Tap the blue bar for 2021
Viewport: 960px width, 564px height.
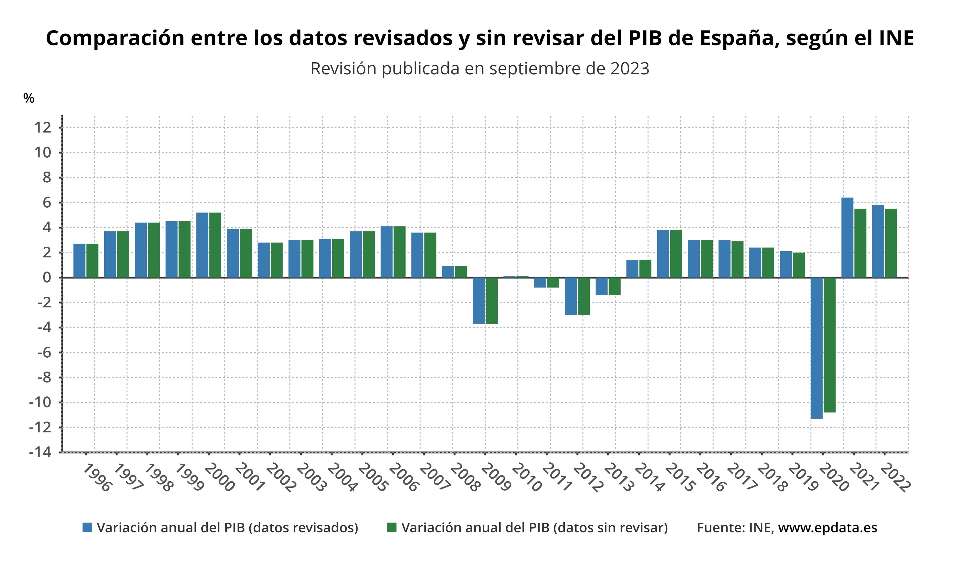(x=847, y=237)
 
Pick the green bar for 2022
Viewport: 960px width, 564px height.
(x=891, y=243)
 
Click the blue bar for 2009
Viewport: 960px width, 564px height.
(x=478, y=300)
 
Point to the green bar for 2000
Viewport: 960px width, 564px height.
(x=215, y=245)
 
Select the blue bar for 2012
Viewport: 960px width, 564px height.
(x=571, y=296)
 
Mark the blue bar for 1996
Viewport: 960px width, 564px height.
(x=79, y=260)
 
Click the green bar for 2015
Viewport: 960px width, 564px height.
(x=676, y=253)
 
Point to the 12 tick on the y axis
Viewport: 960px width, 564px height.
(x=43, y=127)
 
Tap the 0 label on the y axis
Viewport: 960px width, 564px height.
(x=46, y=277)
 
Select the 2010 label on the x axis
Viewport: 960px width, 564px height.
(x=527, y=477)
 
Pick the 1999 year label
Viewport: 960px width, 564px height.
(x=189, y=477)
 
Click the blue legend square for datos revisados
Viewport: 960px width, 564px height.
(x=87, y=527)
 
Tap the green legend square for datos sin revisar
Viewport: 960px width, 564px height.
(x=391, y=527)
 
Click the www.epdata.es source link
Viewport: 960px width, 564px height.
(x=827, y=528)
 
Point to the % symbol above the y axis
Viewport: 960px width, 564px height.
(x=28, y=98)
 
